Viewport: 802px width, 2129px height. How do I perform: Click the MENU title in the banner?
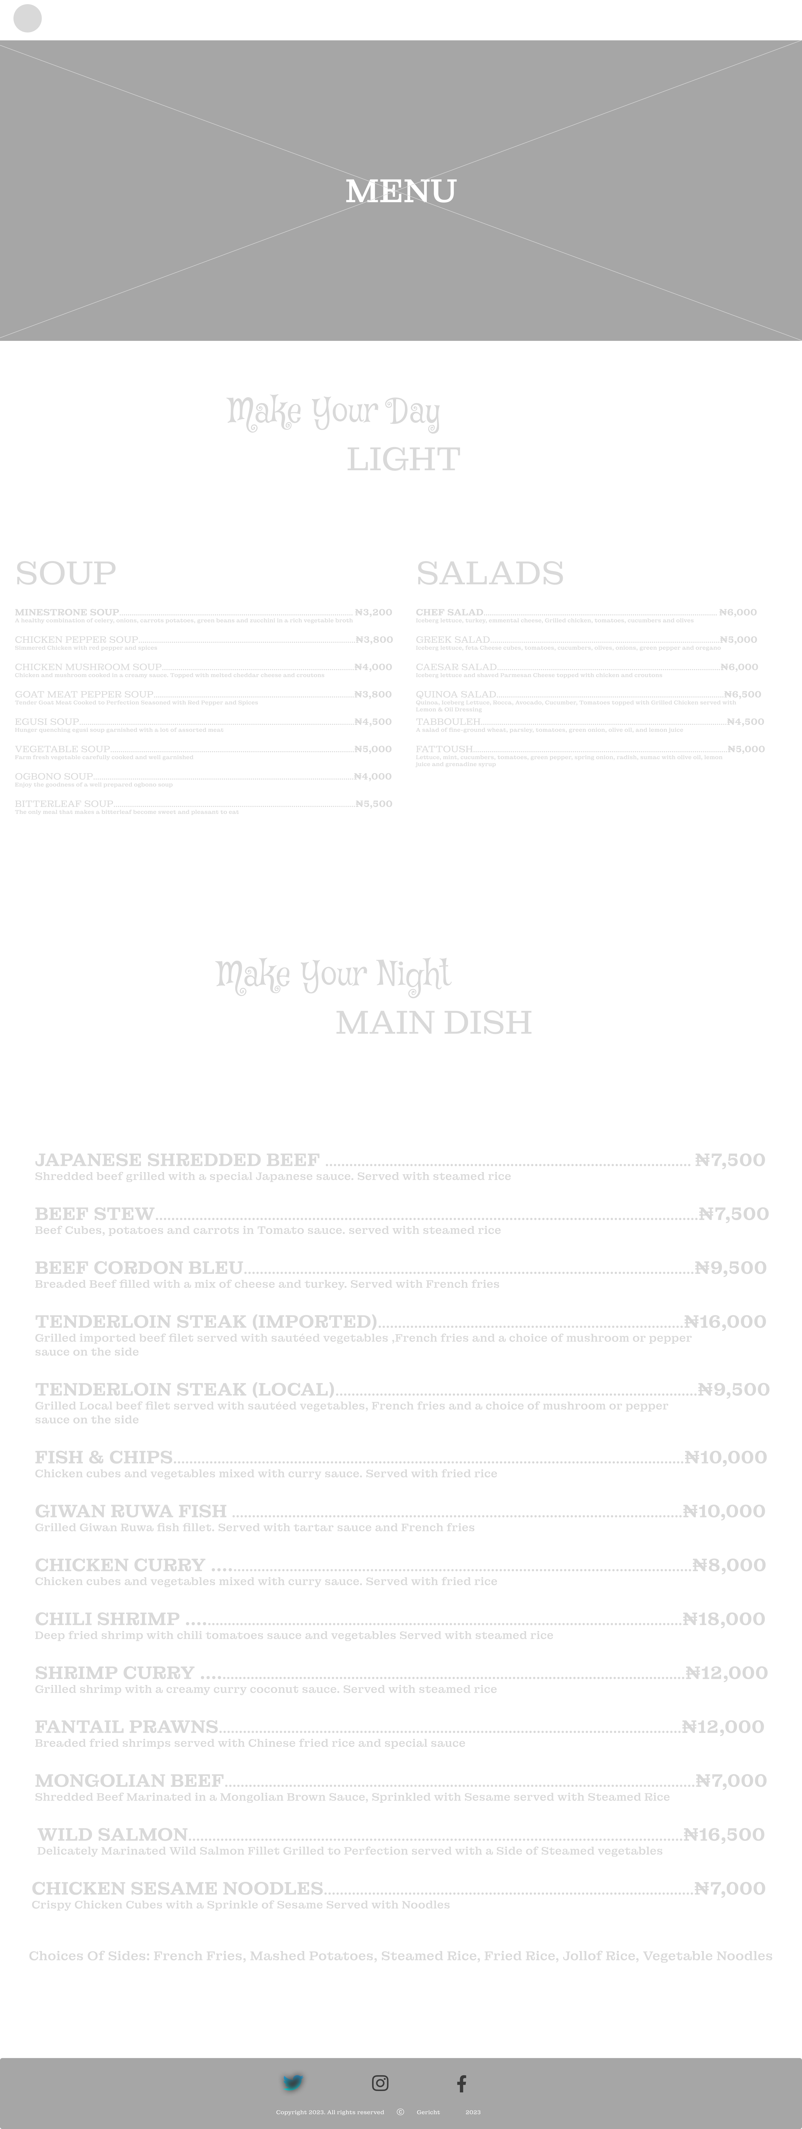coord(401,191)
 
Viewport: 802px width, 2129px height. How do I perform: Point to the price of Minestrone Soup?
coord(374,612)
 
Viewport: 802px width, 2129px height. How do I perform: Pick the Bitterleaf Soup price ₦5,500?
coord(374,803)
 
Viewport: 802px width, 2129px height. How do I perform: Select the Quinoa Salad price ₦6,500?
coord(742,694)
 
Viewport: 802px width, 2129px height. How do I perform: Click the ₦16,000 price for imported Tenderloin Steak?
coord(725,1322)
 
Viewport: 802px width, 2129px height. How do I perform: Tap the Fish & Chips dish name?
coord(103,1457)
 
